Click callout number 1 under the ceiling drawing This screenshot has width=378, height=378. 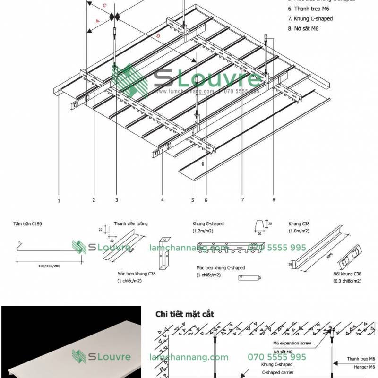[x=59, y=200]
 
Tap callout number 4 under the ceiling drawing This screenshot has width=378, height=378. [x=162, y=200]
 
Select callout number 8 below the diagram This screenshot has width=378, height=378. [x=273, y=200]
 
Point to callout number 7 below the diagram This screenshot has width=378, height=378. [x=242, y=200]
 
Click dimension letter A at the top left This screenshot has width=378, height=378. [x=98, y=21]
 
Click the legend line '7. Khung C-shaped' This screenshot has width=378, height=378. [x=310, y=18]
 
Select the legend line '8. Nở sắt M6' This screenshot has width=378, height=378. [x=303, y=28]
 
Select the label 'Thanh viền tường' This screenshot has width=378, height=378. [x=130, y=224]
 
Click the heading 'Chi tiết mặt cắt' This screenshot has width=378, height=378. [x=185, y=313]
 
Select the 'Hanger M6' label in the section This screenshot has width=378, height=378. [x=361, y=367]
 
